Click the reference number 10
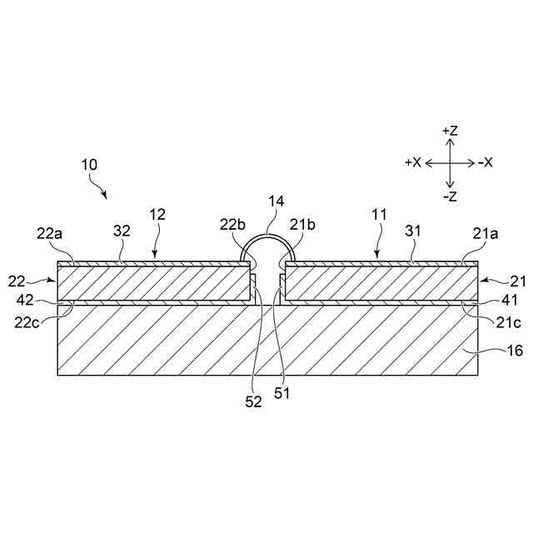[89, 165]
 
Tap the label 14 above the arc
[276, 202]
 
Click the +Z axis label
[450, 132]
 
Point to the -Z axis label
[450, 197]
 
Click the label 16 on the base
[515, 351]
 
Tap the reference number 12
[157, 215]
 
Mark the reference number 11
[379, 215]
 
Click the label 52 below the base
[254, 401]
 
